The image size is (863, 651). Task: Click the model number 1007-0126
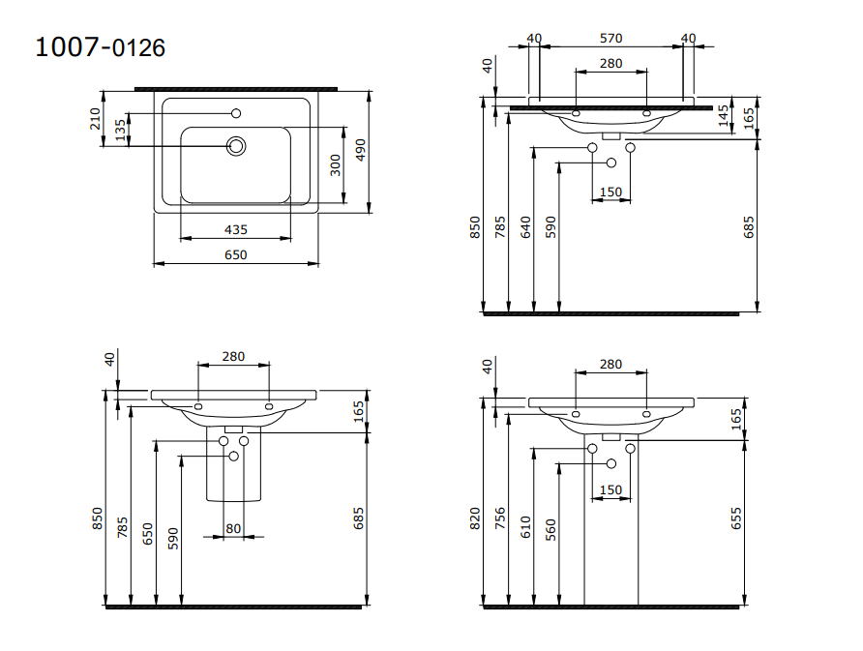100,47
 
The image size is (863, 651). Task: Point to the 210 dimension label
96,118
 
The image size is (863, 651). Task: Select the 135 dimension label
121,131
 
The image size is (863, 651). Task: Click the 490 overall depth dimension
360,150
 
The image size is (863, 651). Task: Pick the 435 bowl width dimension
235,230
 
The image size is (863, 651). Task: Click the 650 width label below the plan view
235,255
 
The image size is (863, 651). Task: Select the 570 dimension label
610,39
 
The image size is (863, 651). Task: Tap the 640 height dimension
525,227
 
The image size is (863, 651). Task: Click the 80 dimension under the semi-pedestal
233,528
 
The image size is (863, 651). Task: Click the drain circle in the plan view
236,146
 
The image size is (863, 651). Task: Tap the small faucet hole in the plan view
236,114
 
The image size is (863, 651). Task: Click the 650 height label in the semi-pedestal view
148,533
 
